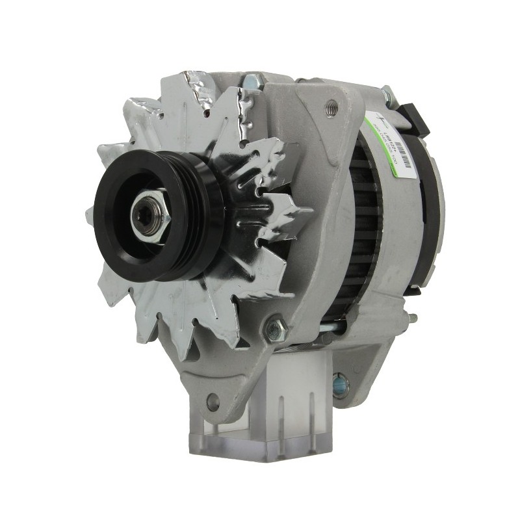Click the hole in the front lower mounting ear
[x=212, y=402]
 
